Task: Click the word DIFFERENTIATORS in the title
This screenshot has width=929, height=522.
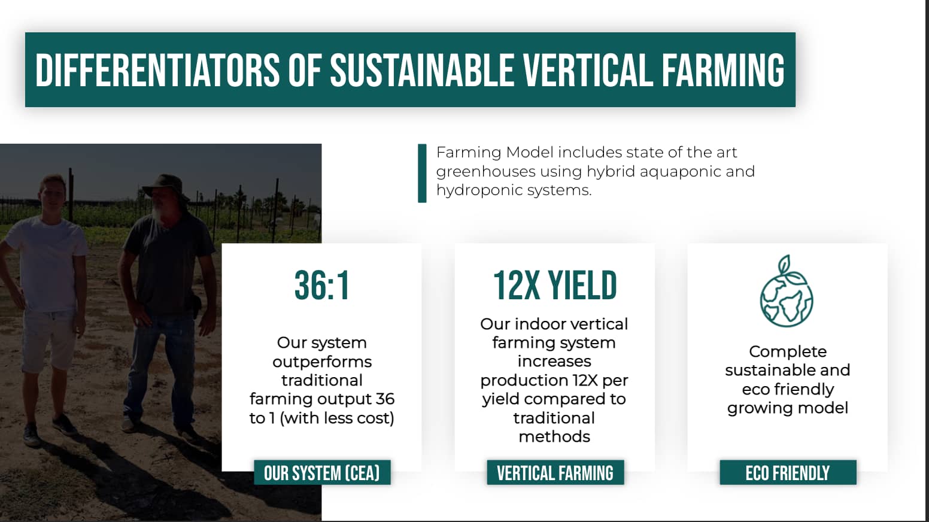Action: (x=157, y=71)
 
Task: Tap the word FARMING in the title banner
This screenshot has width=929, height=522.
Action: (x=723, y=71)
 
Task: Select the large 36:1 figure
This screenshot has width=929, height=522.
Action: (x=322, y=286)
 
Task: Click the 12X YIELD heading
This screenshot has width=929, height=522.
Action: (x=555, y=286)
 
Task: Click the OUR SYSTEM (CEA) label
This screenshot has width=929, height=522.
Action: (x=322, y=472)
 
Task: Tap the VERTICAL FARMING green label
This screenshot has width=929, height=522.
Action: (x=555, y=472)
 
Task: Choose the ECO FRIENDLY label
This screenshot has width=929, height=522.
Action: (x=788, y=472)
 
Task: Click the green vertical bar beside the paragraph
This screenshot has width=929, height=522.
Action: (x=422, y=174)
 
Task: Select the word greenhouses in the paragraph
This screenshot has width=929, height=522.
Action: (x=485, y=172)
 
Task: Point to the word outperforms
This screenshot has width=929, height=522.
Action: (x=322, y=362)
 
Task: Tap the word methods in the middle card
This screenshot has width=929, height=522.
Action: (x=554, y=436)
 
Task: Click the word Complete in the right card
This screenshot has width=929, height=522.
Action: (x=788, y=352)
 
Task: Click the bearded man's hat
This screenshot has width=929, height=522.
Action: (x=165, y=184)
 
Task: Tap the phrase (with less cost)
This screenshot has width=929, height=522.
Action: (x=337, y=418)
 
